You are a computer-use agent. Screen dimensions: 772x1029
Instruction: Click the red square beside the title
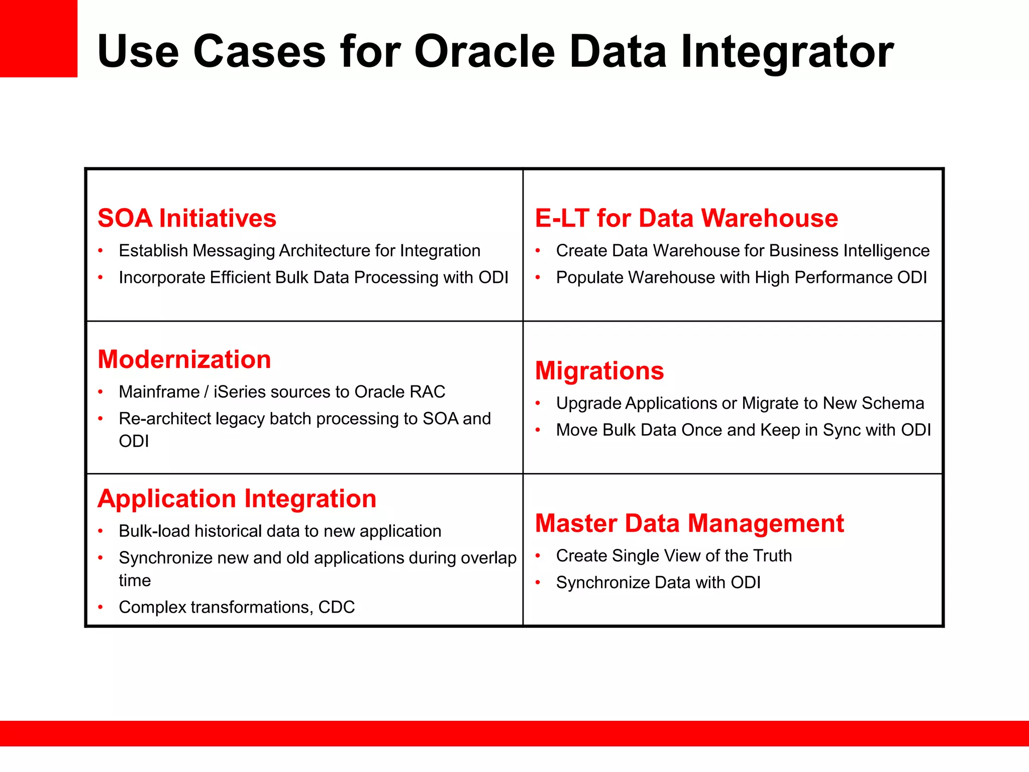point(38,38)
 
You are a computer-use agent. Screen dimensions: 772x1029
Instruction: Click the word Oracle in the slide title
point(484,51)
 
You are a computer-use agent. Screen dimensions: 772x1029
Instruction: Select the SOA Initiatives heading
point(187,218)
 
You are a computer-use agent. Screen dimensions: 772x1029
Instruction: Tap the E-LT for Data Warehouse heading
point(686,218)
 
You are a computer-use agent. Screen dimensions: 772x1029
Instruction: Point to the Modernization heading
point(184,359)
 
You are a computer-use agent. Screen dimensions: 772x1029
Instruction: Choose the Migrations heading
point(599,371)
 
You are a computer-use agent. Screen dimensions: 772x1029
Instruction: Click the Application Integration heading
point(237,499)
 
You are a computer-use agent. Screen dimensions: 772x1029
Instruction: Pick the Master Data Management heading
point(689,523)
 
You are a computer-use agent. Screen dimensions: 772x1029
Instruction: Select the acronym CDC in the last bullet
point(336,607)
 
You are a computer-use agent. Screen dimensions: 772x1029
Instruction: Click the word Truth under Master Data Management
point(772,556)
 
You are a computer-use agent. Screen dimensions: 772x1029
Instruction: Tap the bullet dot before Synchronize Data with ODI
point(538,583)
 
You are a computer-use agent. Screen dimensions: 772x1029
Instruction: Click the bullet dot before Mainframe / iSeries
point(100,392)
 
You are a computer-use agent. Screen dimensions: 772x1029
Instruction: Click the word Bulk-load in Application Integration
point(155,531)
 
